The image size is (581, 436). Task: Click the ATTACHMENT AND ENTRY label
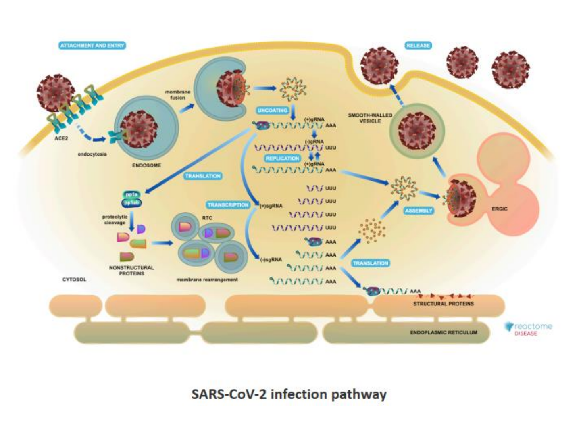tap(92, 46)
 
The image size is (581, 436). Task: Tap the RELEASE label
tap(418, 46)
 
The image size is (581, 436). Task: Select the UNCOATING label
tap(273, 110)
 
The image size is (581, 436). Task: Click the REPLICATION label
tap(282, 159)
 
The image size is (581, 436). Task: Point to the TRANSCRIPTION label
tap(228, 205)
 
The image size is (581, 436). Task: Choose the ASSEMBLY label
tap(419, 211)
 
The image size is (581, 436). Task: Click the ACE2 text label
tap(61, 138)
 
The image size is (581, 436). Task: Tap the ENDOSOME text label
tap(146, 165)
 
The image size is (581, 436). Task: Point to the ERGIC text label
tap(500, 209)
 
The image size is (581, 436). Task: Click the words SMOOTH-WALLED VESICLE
tap(370, 118)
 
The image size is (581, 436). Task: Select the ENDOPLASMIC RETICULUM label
tap(444, 332)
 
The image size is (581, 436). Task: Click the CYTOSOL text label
tap(74, 280)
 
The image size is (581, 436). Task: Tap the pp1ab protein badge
tap(132, 203)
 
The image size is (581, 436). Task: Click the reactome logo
tap(529, 328)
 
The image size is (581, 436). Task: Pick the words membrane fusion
tap(177, 95)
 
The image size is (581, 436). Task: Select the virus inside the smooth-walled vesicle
tap(416, 130)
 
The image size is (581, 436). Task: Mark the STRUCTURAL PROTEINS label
tap(444, 304)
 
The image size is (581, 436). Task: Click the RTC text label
tap(207, 218)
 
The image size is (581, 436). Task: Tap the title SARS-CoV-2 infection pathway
tap(289, 394)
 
